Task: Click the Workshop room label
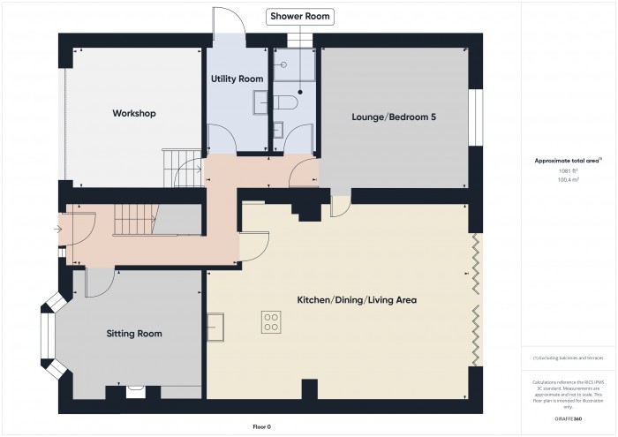[x=134, y=114]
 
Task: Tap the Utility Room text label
[x=237, y=79]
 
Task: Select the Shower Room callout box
[x=301, y=16]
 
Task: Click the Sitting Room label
[x=134, y=334]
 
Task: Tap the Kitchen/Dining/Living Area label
[x=357, y=300]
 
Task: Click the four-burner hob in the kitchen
[x=271, y=323]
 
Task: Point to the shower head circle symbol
[x=300, y=90]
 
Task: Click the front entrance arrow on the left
[x=58, y=230]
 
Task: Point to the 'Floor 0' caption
[x=261, y=426]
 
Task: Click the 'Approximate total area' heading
[x=567, y=161]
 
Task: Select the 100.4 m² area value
[x=567, y=179]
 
